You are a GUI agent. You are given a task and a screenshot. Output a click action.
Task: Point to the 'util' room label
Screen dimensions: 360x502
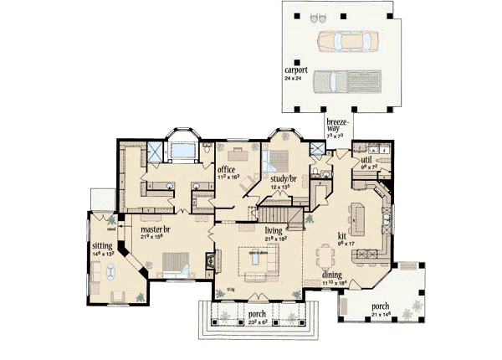tap(366, 158)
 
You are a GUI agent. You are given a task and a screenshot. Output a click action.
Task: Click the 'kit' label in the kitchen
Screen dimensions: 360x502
tap(342, 237)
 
